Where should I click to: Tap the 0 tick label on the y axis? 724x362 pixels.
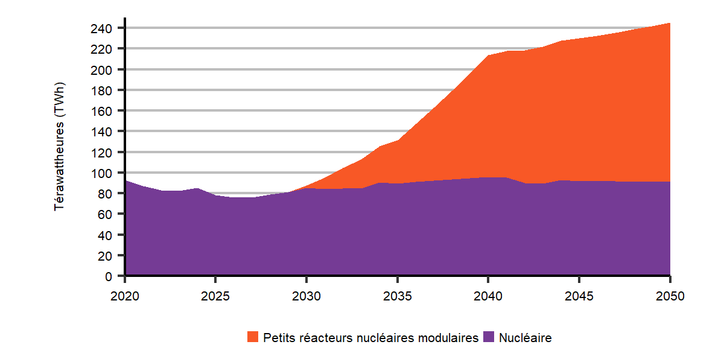tap(109, 276)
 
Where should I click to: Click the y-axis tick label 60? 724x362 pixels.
tap(106, 214)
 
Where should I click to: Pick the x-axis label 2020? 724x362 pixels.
tap(125, 296)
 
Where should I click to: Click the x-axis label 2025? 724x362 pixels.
tap(215, 296)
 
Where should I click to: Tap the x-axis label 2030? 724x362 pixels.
tap(306, 296)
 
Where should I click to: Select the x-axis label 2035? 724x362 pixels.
tap(397, 296)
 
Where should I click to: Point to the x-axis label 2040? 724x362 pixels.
tap(488, 296)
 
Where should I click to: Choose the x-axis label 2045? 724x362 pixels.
tap(579, 296)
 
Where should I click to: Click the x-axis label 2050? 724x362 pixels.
tap(670, 296)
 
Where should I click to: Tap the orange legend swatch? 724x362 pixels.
tap(253, 337)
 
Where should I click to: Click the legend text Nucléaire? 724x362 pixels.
tap(525, 338)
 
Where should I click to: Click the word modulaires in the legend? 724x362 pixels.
tap(451, 338)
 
